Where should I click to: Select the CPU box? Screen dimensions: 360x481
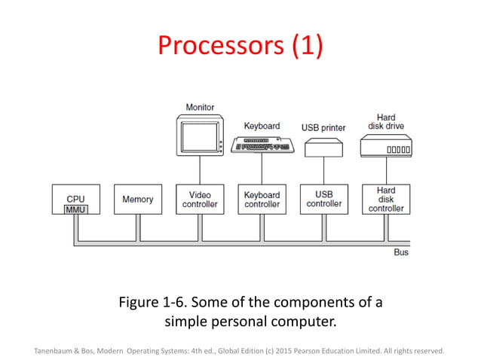75,197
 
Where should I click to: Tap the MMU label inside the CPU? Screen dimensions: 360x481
75,209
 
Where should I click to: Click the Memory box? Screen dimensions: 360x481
137,199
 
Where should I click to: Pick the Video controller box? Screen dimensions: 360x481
200,199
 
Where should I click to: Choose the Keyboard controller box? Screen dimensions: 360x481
262,199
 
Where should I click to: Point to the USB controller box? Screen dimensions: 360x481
323,199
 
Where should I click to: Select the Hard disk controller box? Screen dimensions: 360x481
385,199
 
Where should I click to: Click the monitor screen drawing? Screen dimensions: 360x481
199,135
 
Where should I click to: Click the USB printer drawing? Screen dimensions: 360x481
323,148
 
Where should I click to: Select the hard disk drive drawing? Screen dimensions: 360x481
385,147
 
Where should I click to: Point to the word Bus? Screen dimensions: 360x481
401,252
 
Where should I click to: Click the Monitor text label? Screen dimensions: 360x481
200,108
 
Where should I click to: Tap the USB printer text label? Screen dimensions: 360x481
323,127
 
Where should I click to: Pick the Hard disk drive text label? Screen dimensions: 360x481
385,121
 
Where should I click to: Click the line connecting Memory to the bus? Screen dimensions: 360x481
137,227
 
